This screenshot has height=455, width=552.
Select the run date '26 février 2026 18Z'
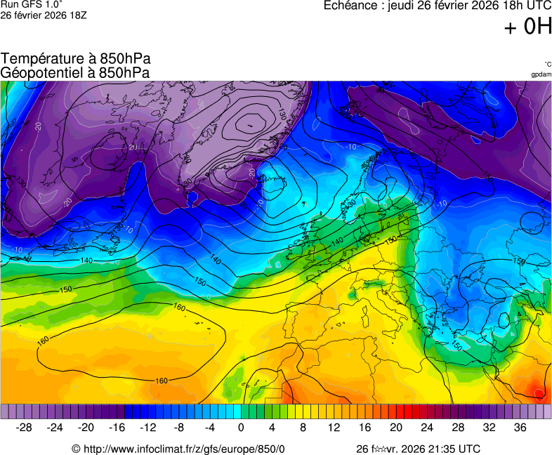(x=44, y=15)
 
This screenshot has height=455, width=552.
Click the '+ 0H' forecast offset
(x=527, y=27)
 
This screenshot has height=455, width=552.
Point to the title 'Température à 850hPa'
(x=76, y=60)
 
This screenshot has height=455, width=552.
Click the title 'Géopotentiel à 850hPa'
(x=75, y=72)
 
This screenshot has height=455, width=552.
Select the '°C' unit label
(x=547, y=65)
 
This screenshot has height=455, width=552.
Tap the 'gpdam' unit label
(x=541, y=74)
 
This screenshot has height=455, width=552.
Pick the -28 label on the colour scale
(x=24, y=428)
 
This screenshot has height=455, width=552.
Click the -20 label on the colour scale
(x=86, y=428)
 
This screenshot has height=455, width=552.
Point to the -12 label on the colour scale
(x=147, y=428)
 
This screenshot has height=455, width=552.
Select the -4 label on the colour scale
(x=209, y=428)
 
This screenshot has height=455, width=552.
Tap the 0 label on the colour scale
(x=241, y=428)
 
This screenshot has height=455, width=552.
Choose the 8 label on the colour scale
(x=303, y=428)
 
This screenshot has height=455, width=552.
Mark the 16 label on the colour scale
(x=364, y=428)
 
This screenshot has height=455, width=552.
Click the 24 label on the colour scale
(x=426, y=428)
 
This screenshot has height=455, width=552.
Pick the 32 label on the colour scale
(x=488, y=428)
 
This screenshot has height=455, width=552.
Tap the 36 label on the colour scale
(x=519, y=428)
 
